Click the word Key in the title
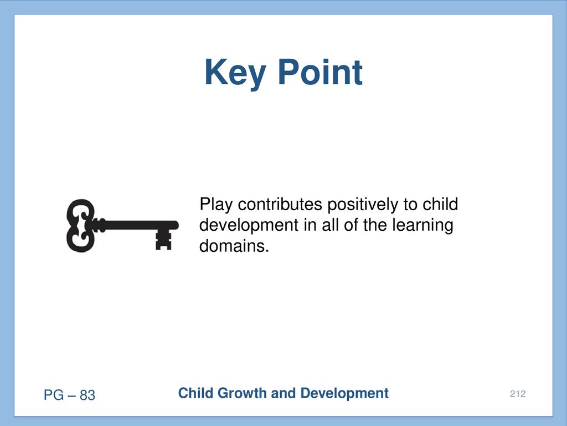coord(235,74)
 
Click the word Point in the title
coord(321,72)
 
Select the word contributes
coord(280,204)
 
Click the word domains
coord(234,246)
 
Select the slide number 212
coord(518,394)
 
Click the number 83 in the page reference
coord(87,395)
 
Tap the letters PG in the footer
coord(54,395)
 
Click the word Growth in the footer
coord(243,394)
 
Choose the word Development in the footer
coord(344,393)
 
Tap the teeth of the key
coord(163,240)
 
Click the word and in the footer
coord(283,393)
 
